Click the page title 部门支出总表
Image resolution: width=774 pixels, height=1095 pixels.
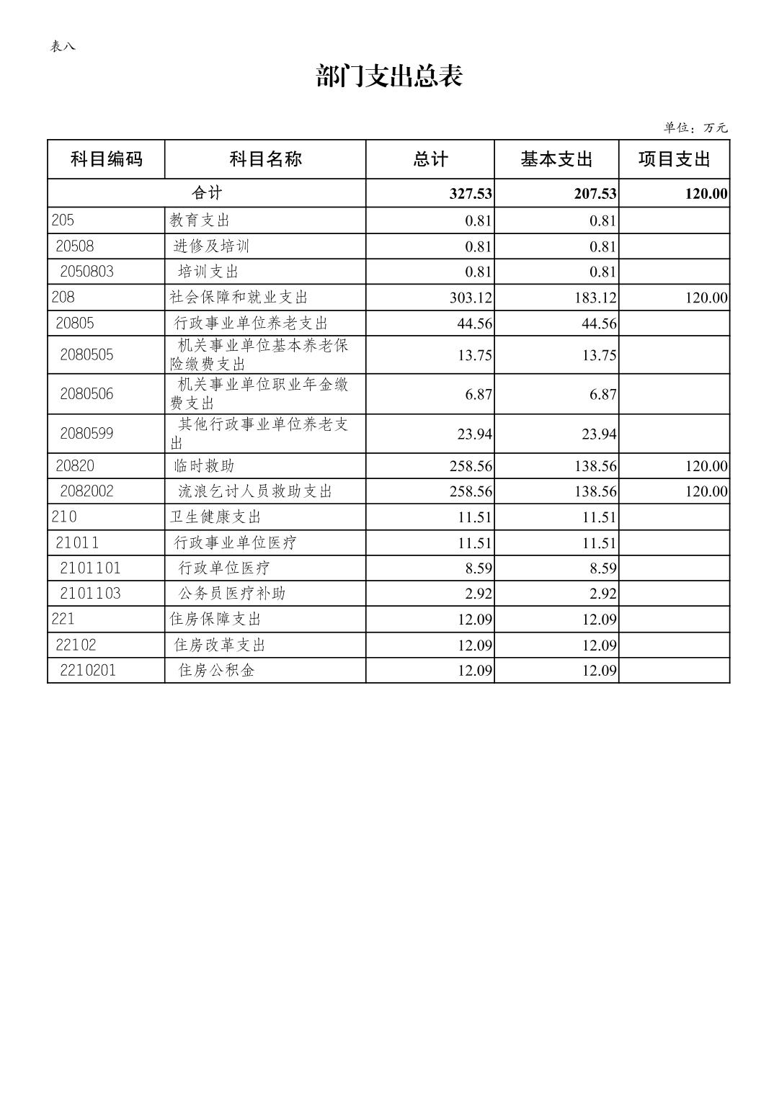pyautogui.click(x=388, y=76)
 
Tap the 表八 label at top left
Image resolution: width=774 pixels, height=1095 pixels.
pyautogui.click(x=63, y=47)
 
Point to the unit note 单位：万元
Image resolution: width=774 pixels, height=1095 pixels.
pyautogui.click(x=695, y=128)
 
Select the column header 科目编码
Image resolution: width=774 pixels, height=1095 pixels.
pyautogui.click(x=106, y=159)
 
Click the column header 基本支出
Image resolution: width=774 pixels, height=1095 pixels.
pyautogui.click(x=556, y=159)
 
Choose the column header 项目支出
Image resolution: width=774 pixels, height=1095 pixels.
pyautogui.click(x=674, y=159)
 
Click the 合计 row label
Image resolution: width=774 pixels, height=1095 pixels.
pyautogui.click(x=207, y=193)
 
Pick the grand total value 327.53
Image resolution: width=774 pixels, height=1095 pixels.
pyautogui.click(x=471, y=194)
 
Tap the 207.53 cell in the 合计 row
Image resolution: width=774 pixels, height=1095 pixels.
pyautogui.click(x=595, y=194)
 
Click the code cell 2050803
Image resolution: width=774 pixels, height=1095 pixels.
pyautogui.click(x=86, y=272)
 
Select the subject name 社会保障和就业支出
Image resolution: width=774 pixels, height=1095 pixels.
pyautogui.click(x=239, y=298)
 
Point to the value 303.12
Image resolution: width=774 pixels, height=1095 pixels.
pyautogui.click(x=471, y=298)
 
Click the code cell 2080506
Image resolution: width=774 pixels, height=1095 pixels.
pyautogui.click(x=86, y=394)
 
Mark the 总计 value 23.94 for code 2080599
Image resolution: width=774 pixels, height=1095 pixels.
pyautogui.click(x=474, y=434)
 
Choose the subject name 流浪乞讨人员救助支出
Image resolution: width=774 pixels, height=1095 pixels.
pyautogui.click(x=255, y=491)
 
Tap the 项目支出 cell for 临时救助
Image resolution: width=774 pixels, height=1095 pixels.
pyautogui.click(x=706, y=467)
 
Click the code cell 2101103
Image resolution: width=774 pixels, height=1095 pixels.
pyautogui.click(x=90, y=594)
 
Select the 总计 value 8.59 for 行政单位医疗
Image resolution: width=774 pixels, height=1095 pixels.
pyautogui.click(x=479, y=568)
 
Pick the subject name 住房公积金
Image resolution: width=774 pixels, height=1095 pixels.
pyautogui.click(x=216, y=671)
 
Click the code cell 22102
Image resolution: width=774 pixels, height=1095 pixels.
pyautogui.click(x=76, y=645)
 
